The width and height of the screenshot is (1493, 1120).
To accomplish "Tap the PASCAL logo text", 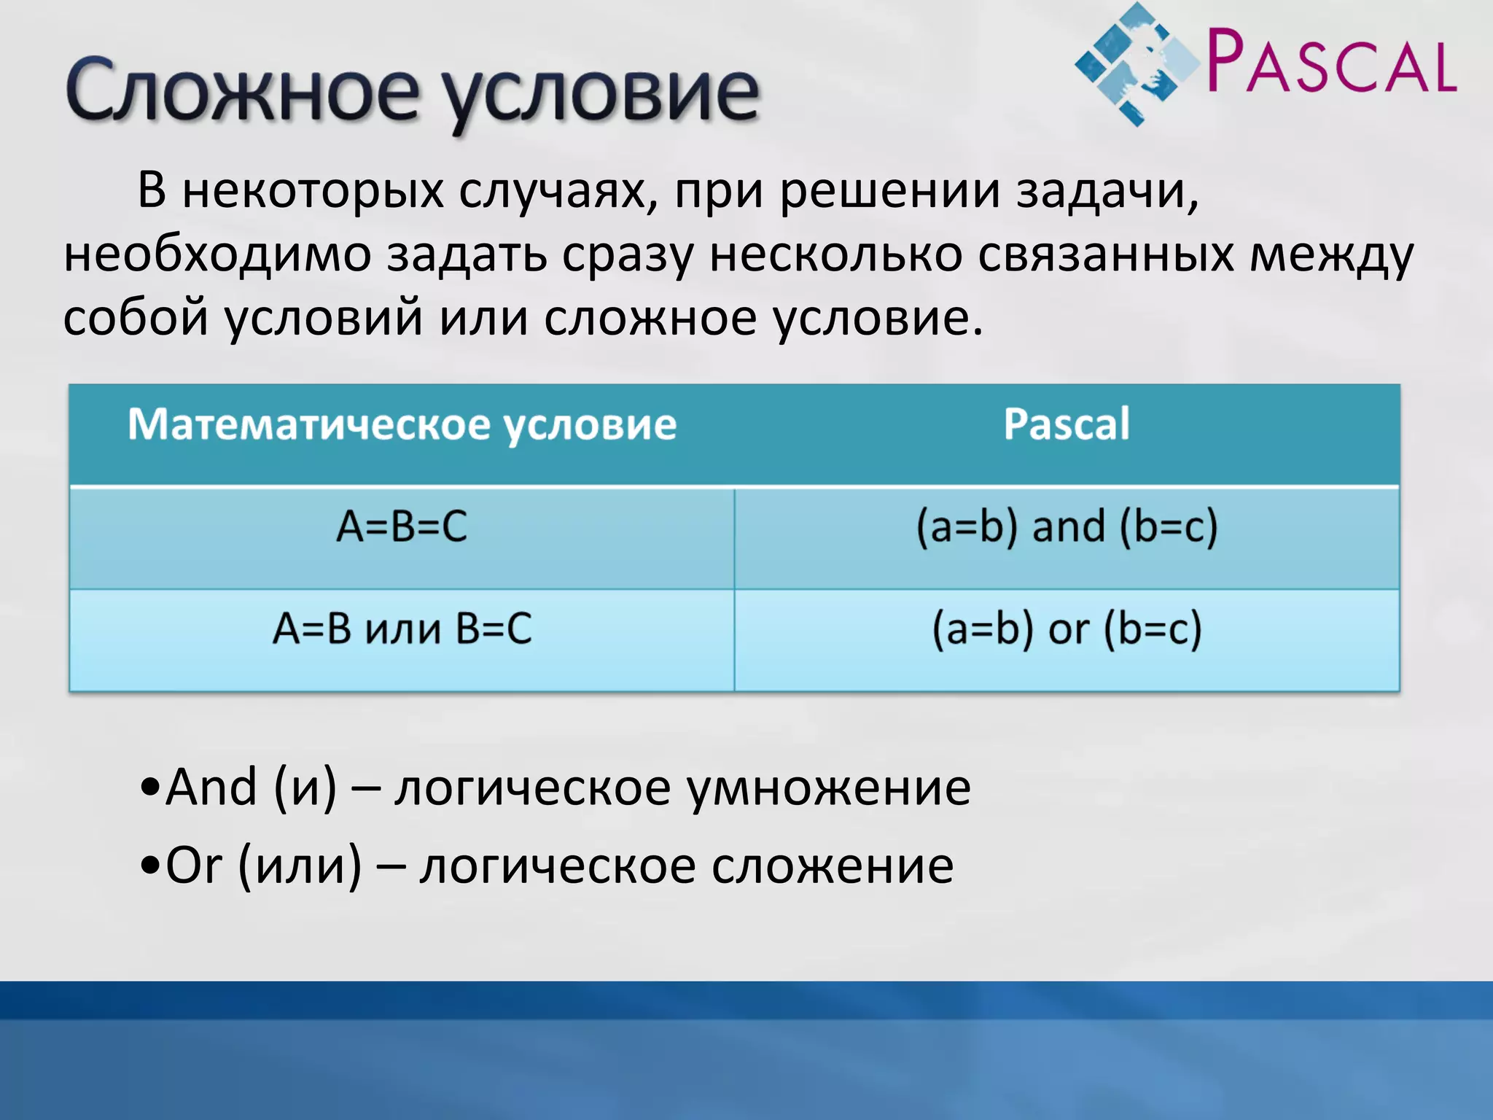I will (x=1331, y=63).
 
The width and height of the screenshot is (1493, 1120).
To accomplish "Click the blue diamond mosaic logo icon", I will (x=1137, y=64).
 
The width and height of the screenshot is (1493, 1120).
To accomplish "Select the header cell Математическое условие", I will (x=402, y=424).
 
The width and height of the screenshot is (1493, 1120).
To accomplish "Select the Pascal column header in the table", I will (x=1066, y=424).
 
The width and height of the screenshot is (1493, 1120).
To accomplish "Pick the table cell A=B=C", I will (x=402, y=526).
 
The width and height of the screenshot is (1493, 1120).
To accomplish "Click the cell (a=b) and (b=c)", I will (x=1066, y=526).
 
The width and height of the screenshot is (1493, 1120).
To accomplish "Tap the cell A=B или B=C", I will (x=402, y=629).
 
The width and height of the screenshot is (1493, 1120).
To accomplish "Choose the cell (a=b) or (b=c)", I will (x=1066, y=629).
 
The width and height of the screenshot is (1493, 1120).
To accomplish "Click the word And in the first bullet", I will (x=211, y=787).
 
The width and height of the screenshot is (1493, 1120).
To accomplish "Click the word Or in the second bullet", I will (x=193, y=866).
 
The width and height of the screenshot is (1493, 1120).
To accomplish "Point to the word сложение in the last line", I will (x=832, y=866).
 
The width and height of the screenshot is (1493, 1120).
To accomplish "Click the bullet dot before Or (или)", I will (x=149, y=868).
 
